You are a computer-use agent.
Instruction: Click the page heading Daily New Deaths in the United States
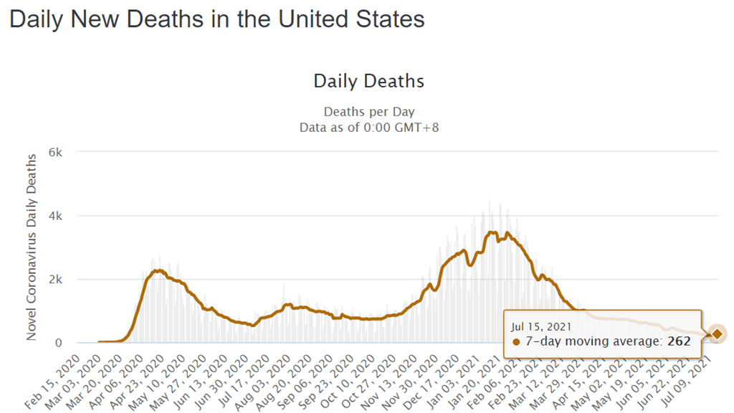pyautogui.click(x=217, y=19)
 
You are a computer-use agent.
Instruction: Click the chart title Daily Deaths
pyautogui.click(x=368, y=81)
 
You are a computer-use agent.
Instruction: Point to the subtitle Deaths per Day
pyautogui.click(x=368, y=112)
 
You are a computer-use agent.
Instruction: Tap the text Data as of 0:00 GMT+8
pyautogui.click(x=368, y=127)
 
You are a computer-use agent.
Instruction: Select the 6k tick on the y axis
pyautogui.click(x=57, y=153)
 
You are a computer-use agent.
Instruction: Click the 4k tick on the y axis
pyautogui.click(x=57, y=216)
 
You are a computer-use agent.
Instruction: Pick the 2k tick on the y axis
pyautogui.click(x=57, y=280)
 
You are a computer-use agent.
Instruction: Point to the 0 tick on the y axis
pyautogui.click(x=60, y=343)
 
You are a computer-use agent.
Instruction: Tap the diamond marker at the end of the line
pyautogui.click(x=716, y=333)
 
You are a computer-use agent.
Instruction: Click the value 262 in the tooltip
pyautogui.click(x=678, y=341)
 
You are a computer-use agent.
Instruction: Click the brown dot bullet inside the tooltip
pyautogui.click(x=516, y=342)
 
